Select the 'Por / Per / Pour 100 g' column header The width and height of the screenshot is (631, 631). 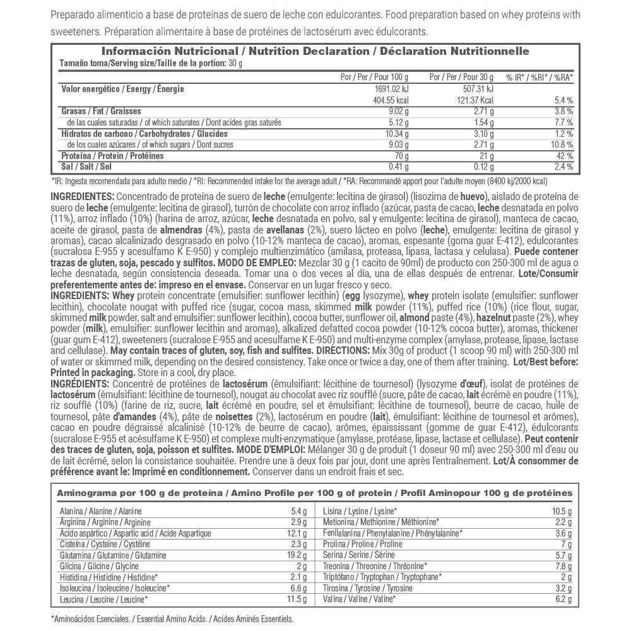(374, 77)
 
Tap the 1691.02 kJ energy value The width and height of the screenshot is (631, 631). (392, 89)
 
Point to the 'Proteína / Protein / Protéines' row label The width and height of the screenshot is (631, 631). (112, 156)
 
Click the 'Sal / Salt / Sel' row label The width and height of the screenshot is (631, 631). (86, 167)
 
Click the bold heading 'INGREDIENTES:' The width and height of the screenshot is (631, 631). (83, 196)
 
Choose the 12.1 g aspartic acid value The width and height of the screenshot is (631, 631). (295, 533)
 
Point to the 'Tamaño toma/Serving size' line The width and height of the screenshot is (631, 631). (151, 63)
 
